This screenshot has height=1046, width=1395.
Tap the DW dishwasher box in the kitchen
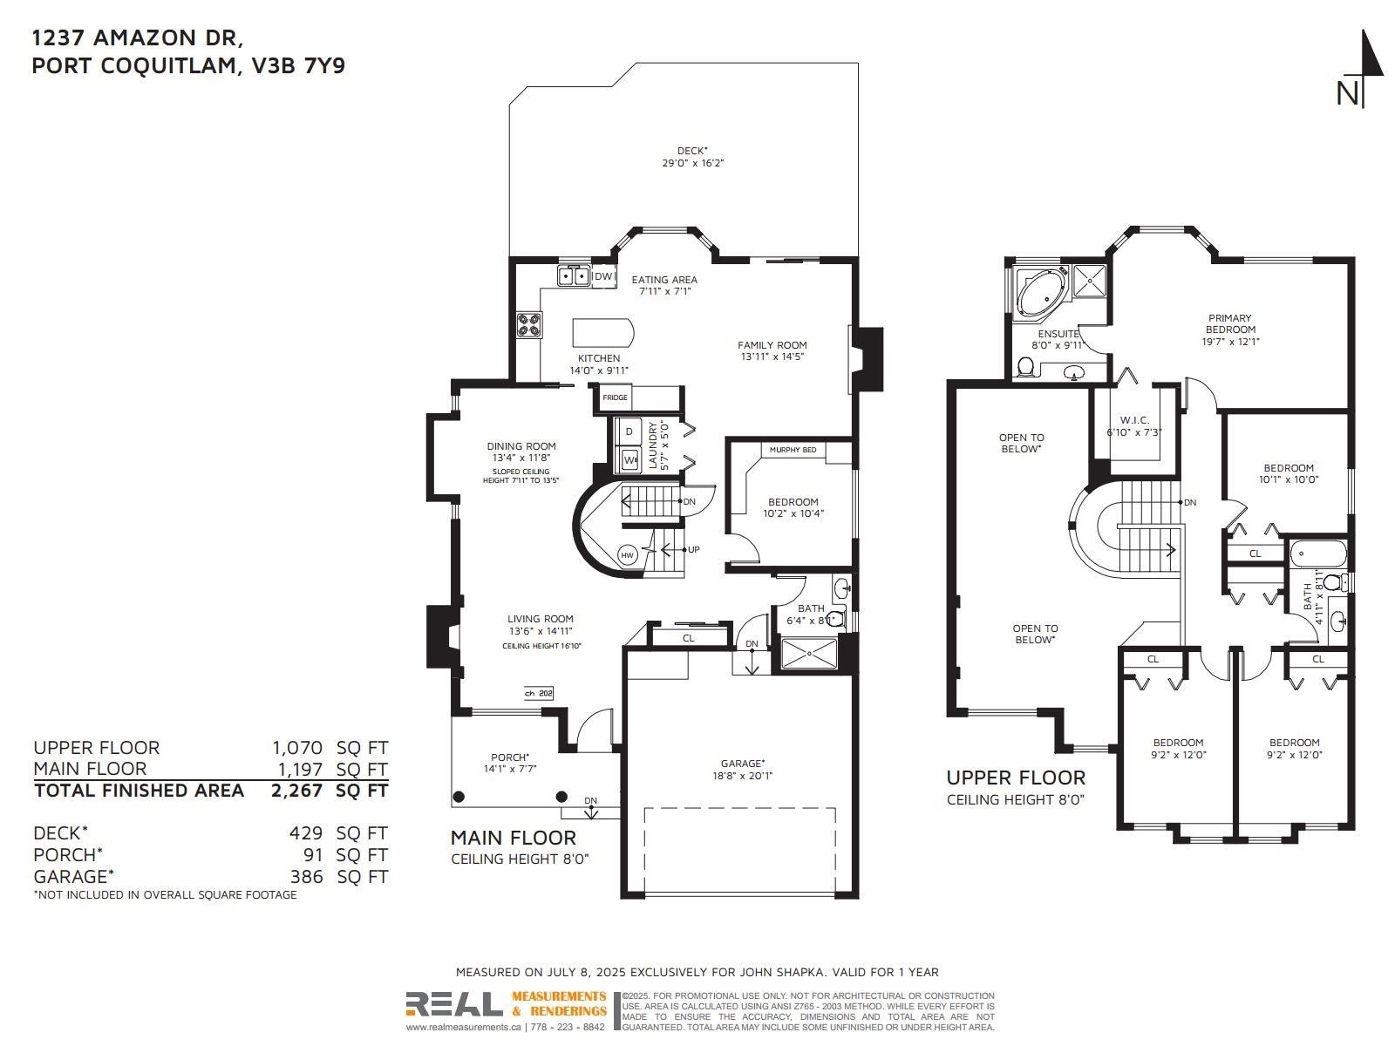(x=603, y=276)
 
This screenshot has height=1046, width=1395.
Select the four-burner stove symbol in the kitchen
(x=528, y=325)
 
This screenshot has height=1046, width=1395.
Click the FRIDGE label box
(x=615, y=397)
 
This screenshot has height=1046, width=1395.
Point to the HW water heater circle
(x=627, y=555)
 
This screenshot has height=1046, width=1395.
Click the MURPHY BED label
(x=793, y=450)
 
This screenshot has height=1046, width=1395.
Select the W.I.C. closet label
(x=1133, y=420)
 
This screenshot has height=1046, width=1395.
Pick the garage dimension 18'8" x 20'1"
(x=743, y=776)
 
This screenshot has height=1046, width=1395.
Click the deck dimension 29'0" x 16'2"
(x=692, y=163)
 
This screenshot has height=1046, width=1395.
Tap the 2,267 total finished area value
(x=297, y=791)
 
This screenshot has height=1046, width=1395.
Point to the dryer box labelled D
(x=629, y=432)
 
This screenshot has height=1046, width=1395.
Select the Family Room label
(x=772, y=345)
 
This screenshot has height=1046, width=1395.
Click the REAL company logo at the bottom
(x=454, y=1004)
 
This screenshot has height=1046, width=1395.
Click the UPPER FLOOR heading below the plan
(x=1016, y=778)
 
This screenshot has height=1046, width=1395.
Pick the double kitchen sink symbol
(x=574, y=276)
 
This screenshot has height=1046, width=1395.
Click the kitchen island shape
(x=602, y=332)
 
